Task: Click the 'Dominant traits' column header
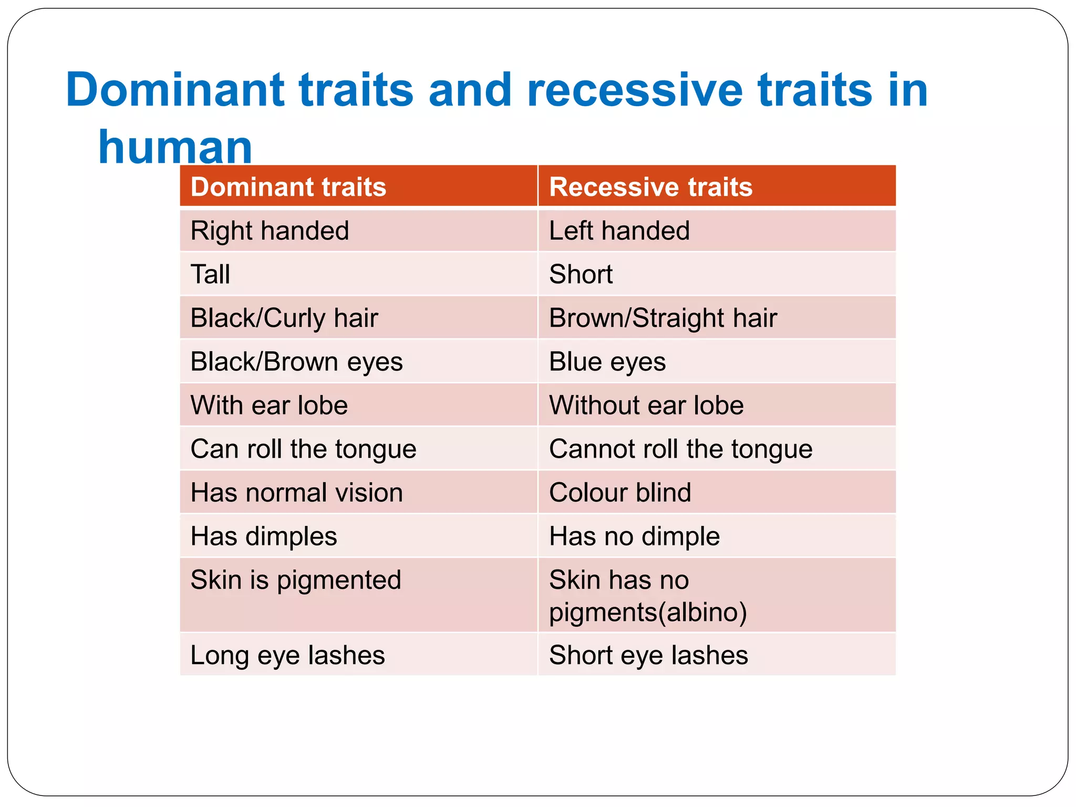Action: pos(288,187)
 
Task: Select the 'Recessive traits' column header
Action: pos(650,187)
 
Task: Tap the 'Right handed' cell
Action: pos(270,231)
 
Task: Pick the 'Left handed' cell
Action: pos(619,231)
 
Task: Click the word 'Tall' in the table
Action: pos(210,274)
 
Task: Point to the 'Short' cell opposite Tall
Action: pos(581,274)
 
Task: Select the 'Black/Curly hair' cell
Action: pos(284,318)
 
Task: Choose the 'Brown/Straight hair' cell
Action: pos(663,318)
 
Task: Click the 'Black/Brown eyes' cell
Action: pos(296,361)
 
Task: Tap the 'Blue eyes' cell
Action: pos(607,361)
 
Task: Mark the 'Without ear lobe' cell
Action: pos(646,405)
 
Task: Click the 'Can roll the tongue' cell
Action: pos(303,449)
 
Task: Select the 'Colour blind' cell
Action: pos(620,493)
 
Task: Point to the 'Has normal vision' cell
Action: pos(296,493)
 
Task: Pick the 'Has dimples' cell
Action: pos(264,536)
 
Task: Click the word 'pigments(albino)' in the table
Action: pos(648,612)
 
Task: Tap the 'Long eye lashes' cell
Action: pos(287,655)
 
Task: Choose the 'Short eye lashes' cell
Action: pos(648,655)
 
